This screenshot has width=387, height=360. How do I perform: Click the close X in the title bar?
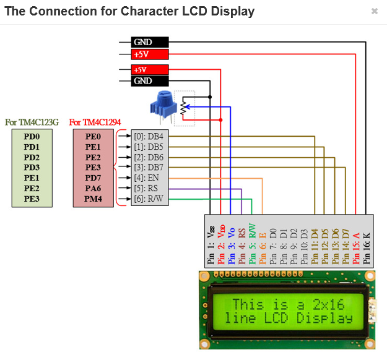(x=374, y=11)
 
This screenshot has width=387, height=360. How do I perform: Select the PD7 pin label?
(x=93, y=178)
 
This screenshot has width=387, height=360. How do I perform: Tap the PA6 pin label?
(x=93, y=189)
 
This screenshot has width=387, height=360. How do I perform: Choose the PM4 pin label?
(x=93, y=199)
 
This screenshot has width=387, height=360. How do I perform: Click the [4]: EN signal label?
(x=147, y=178)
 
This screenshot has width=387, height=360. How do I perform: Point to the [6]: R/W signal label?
(x=149, y=199)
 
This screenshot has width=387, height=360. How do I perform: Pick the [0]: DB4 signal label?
(x=149, y=136)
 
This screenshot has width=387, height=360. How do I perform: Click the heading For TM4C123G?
(x=32, y=122)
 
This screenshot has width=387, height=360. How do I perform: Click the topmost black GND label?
(x=150, y=42)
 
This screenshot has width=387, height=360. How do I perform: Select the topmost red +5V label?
(x=150, y=54)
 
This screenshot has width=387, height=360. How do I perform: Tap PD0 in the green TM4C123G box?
(x=32, y=136)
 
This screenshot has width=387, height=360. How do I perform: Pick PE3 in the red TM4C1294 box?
(x=93, y=168)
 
